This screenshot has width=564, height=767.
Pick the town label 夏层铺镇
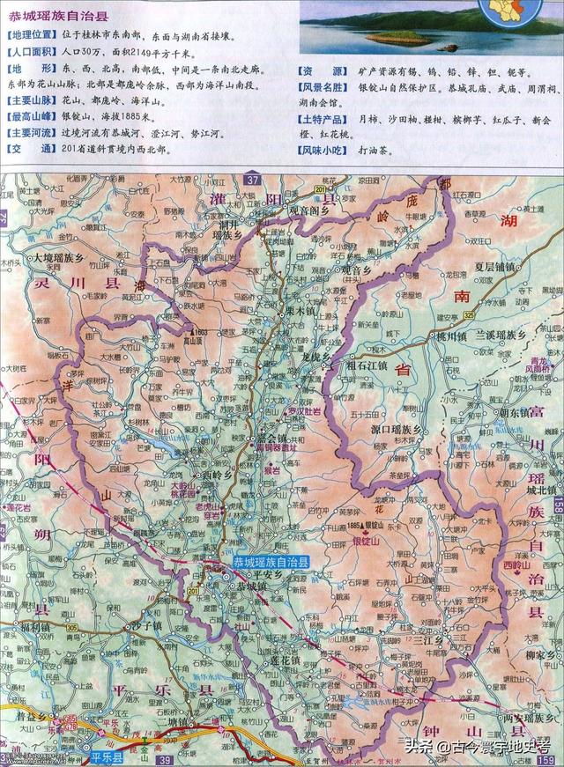501,266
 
